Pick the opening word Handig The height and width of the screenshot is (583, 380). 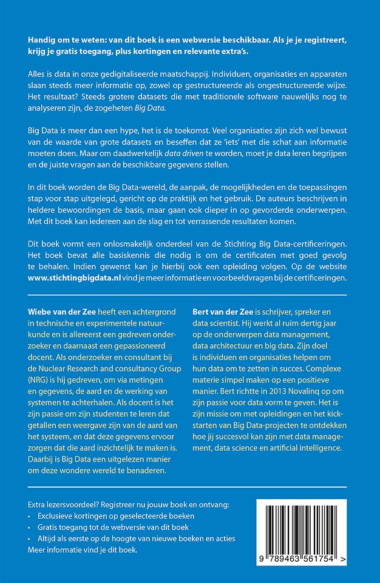point(42,38)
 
